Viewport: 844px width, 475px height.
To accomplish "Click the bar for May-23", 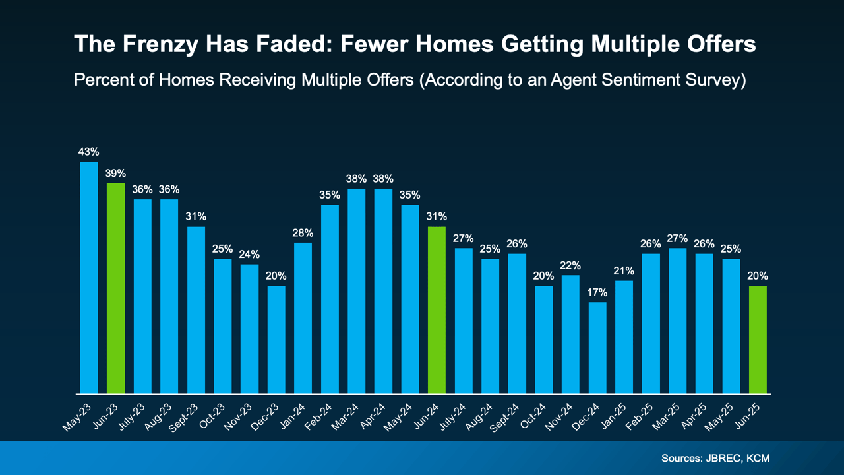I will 89,277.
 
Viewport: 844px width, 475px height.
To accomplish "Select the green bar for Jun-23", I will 116,288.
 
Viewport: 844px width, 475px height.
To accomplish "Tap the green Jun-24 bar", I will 437,310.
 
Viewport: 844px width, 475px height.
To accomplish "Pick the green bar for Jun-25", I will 758,340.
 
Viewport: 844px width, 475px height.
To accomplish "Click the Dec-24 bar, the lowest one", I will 597,348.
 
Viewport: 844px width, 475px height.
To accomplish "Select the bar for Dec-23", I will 276,340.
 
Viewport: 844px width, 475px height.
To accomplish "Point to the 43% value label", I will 89,152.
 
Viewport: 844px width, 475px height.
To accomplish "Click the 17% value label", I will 597,292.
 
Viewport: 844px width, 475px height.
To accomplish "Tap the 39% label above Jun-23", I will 116,174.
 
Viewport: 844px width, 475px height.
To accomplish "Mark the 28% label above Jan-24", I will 303,233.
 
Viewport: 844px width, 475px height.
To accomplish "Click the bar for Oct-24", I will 544,340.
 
